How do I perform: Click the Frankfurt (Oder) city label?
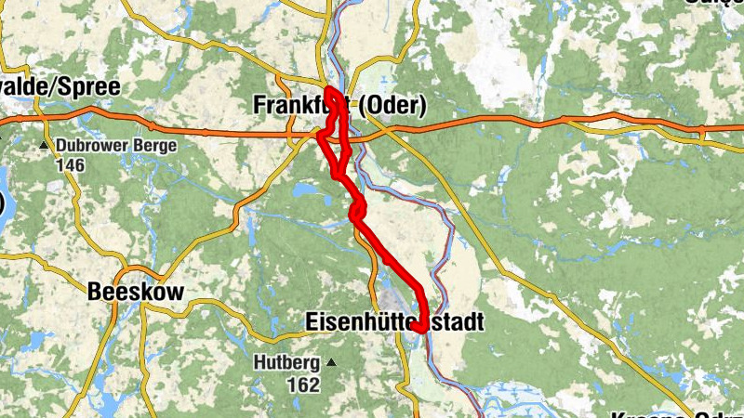pos(339,106)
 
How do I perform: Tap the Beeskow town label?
pos(135,292)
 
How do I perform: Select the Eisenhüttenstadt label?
pos(394,321)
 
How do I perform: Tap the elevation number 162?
pos(303,383)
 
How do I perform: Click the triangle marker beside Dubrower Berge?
pos(44,146)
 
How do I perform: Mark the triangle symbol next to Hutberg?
pos(330,361)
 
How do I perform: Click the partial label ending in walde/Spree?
pos(60,87)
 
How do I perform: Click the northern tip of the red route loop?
pos(329,90)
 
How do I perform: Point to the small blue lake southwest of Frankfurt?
pos(304,189)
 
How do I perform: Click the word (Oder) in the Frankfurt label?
pos(390,106)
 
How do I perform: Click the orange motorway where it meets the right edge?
pos(739,127)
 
